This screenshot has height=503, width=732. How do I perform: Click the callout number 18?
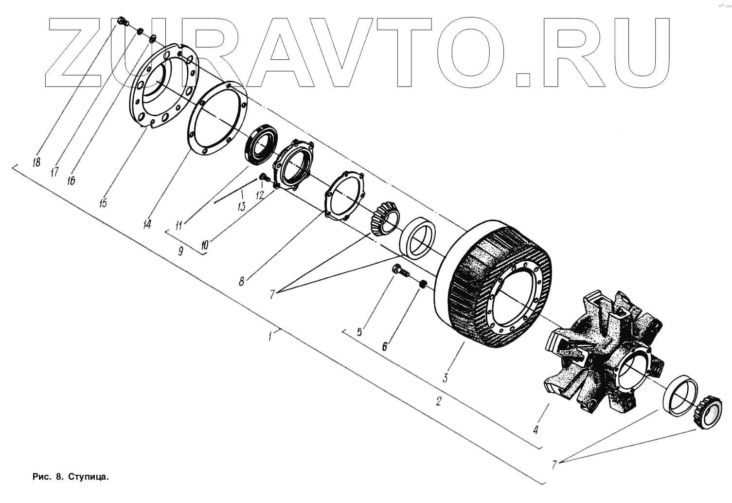pos(36,162)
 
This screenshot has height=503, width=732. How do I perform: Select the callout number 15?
pos(103,201)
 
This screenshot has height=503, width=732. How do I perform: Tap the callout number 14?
pos(147,224)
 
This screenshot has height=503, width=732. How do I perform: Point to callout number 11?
pos(179,225)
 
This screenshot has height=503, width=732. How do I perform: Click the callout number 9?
pos(180,251)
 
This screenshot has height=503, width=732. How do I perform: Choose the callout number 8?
pos(241,281)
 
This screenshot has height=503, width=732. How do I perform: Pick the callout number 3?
pos(445,377)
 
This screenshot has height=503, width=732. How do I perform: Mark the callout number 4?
pos(536,430)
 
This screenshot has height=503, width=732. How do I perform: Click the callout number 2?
pos(438,401)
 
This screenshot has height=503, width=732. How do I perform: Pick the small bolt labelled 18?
pos(123,21)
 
